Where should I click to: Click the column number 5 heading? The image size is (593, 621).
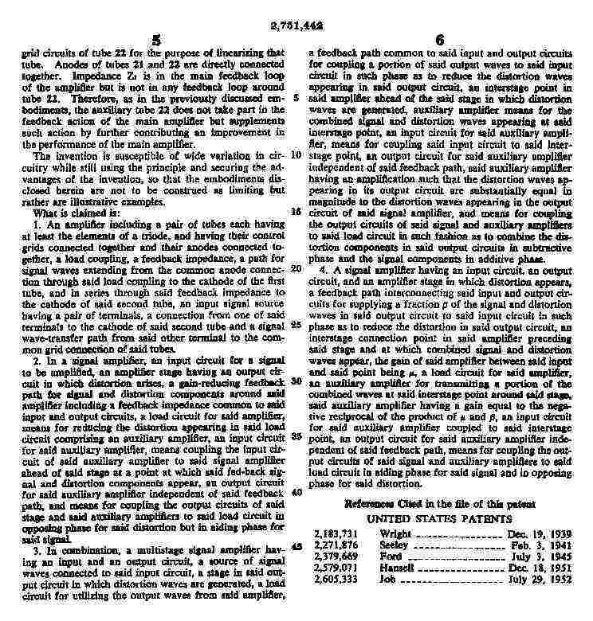coord(156,40)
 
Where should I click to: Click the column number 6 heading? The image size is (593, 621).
coord(439,40)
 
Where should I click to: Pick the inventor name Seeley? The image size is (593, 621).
coord(395,547)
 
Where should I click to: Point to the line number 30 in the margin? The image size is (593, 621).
coord(296,381)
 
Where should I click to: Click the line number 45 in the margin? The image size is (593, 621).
coord(296,546)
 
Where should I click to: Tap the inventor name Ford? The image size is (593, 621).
coord(391,558)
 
